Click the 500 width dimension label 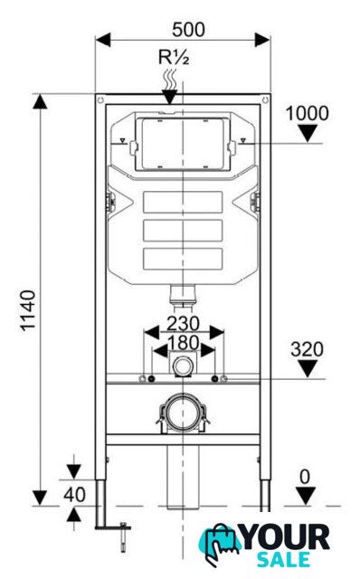(188, 30)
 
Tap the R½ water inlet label (174, 58)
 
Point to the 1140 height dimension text (28, 311)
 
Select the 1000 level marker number (308, 113)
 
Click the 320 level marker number (307, 349)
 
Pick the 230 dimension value (183, 324)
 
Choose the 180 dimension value (183, 343)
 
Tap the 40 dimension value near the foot (74, 495)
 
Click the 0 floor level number (305, 477)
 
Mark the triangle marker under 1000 (308, 133)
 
